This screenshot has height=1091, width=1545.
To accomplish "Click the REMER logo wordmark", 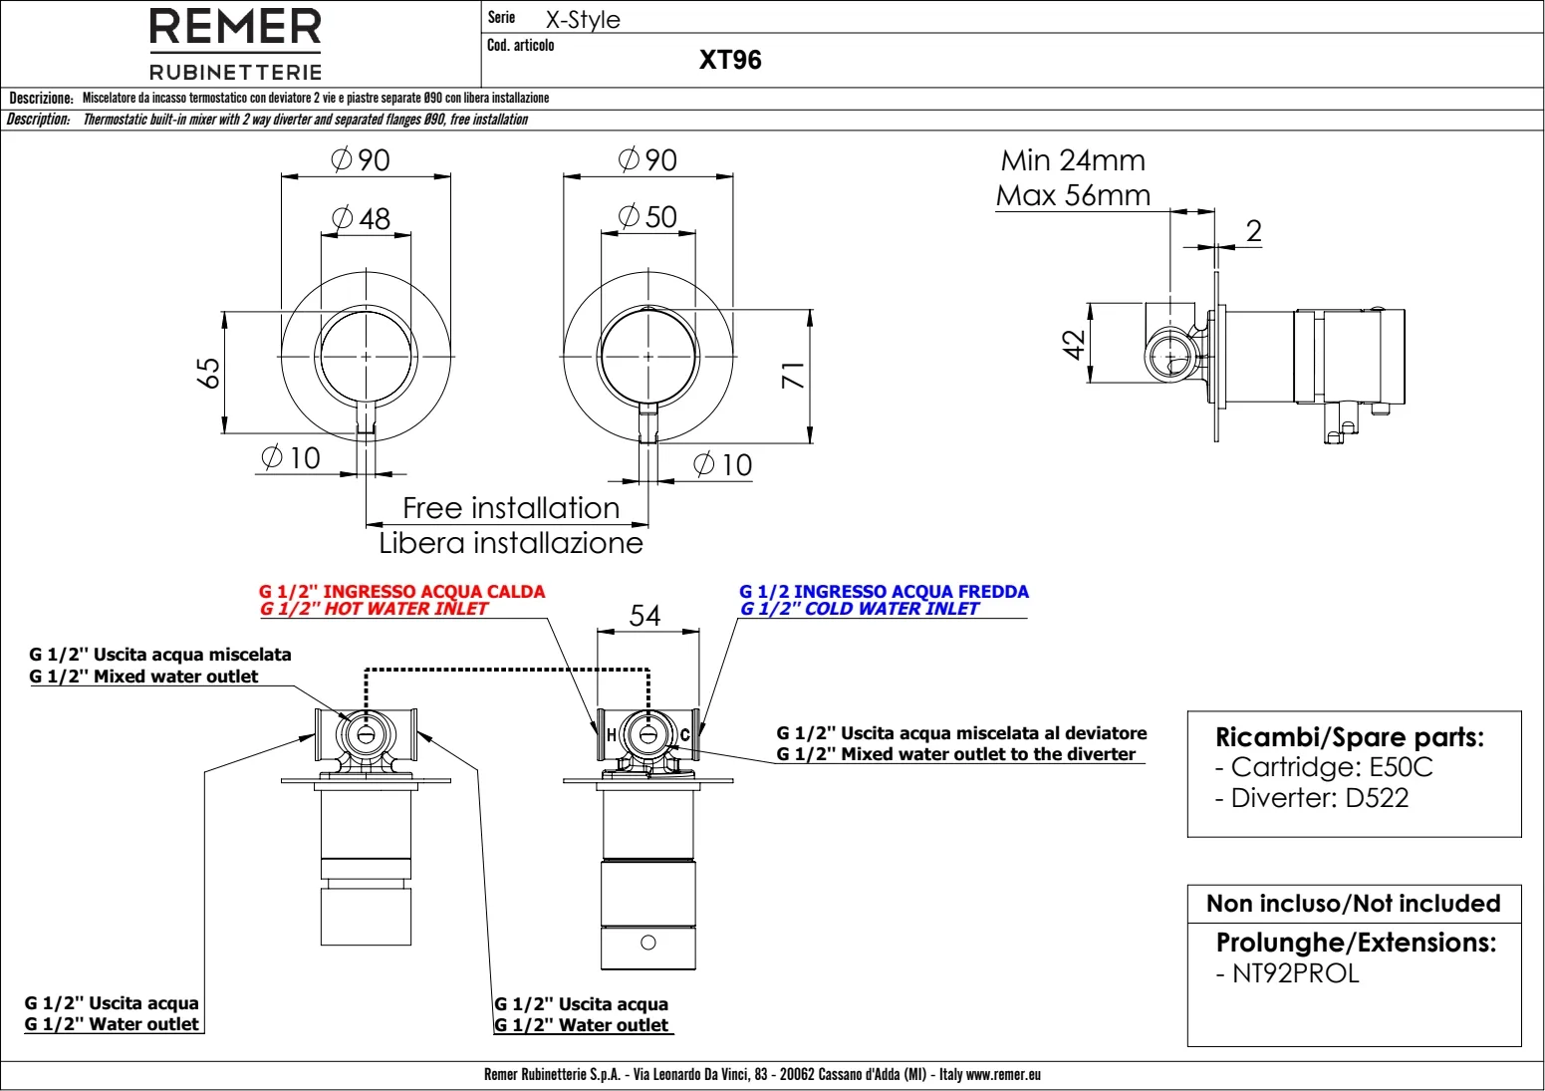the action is pos(235,27).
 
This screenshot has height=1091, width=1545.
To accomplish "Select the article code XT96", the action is pos(730,60).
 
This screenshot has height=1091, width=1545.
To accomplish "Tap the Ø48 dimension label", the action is pos(361,219).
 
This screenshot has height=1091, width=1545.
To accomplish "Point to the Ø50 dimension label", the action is pos(646,216).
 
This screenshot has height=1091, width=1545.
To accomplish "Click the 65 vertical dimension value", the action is pos(209,374).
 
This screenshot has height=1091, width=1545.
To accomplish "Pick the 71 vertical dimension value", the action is pos(793,375).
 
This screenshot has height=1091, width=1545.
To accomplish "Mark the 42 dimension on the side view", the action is pos(1073,345).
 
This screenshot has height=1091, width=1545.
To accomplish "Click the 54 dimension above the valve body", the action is pos(644,616).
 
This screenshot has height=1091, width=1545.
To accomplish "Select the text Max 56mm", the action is pos(1073,195).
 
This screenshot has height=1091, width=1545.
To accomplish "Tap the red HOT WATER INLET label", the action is pos(374,609).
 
